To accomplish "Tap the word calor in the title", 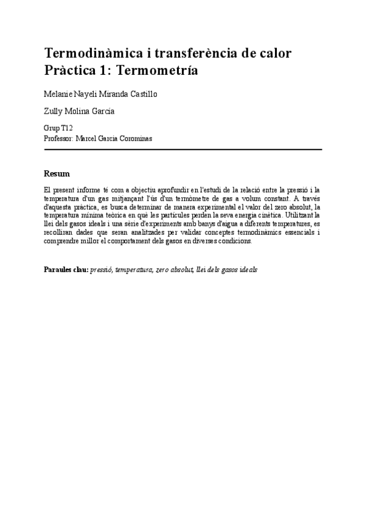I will [x=272, y=53].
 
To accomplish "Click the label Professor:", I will [x=59, y=138].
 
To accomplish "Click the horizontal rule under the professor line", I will [x=182, y=149].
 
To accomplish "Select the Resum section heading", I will [x=57, y=173].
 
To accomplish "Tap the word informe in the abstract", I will [x=89, y=190].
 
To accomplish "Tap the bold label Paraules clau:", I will [x=66, y=269].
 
